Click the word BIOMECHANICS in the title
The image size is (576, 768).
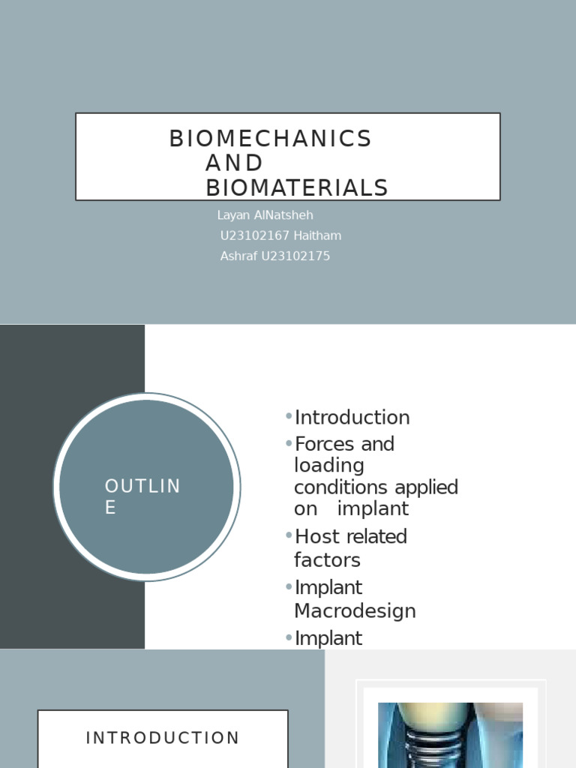(x=270, y=139)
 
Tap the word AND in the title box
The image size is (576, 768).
(x=234, y=163)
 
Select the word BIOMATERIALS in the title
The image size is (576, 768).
(x=296, y=187)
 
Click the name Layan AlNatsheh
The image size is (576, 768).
(x=265, y=215)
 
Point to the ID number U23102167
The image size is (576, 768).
(x=254, y=235)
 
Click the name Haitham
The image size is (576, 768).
(x=317, y=235)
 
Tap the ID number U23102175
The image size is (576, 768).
(x=295, y=256)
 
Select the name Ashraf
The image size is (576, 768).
(x=238, y=256)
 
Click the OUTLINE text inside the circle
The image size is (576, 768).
(x=142, y=496)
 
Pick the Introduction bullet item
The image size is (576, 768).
(x=352, y=418)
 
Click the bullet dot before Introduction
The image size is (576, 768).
(x=289, y=416)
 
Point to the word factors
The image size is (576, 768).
(x=327, y=560)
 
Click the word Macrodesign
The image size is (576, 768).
(x=355, y=611)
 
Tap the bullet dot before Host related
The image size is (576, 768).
(x=289, y=535)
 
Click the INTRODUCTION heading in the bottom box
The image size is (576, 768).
(x=163, y=738)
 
